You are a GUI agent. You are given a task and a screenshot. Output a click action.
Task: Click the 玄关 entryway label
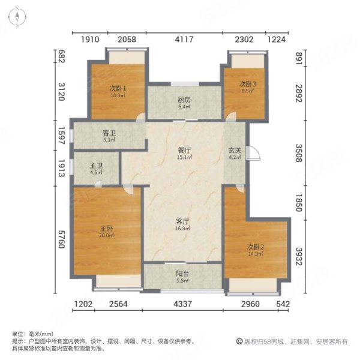click(x=234, y=152)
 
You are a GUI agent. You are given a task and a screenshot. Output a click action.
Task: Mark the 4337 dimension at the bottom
click(x=182, y=304)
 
